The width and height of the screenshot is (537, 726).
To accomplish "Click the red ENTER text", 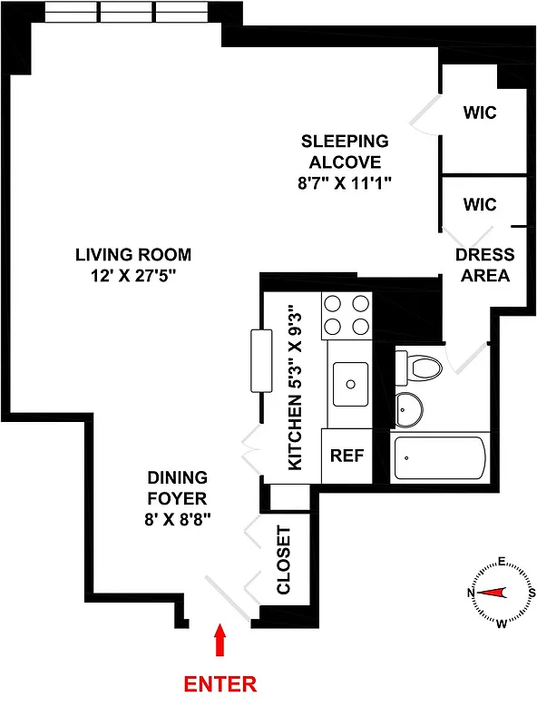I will (220, 683).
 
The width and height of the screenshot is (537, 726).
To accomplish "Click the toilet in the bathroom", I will (420, 367).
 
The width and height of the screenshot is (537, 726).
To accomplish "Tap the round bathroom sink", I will (409, 408).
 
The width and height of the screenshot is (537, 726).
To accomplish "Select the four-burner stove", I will (347, 315).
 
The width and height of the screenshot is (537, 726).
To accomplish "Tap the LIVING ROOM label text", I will (133, 255).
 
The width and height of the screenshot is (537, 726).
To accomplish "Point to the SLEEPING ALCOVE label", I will (345, 152).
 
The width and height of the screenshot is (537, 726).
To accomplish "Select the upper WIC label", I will (480, 113).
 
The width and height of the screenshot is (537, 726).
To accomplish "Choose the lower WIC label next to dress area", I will (480, 204).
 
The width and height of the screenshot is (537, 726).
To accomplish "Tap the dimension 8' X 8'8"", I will (179, 520).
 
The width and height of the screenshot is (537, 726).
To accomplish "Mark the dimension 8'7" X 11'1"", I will (345, 183).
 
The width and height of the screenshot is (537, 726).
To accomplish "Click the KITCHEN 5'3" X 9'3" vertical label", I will (294, 388).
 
